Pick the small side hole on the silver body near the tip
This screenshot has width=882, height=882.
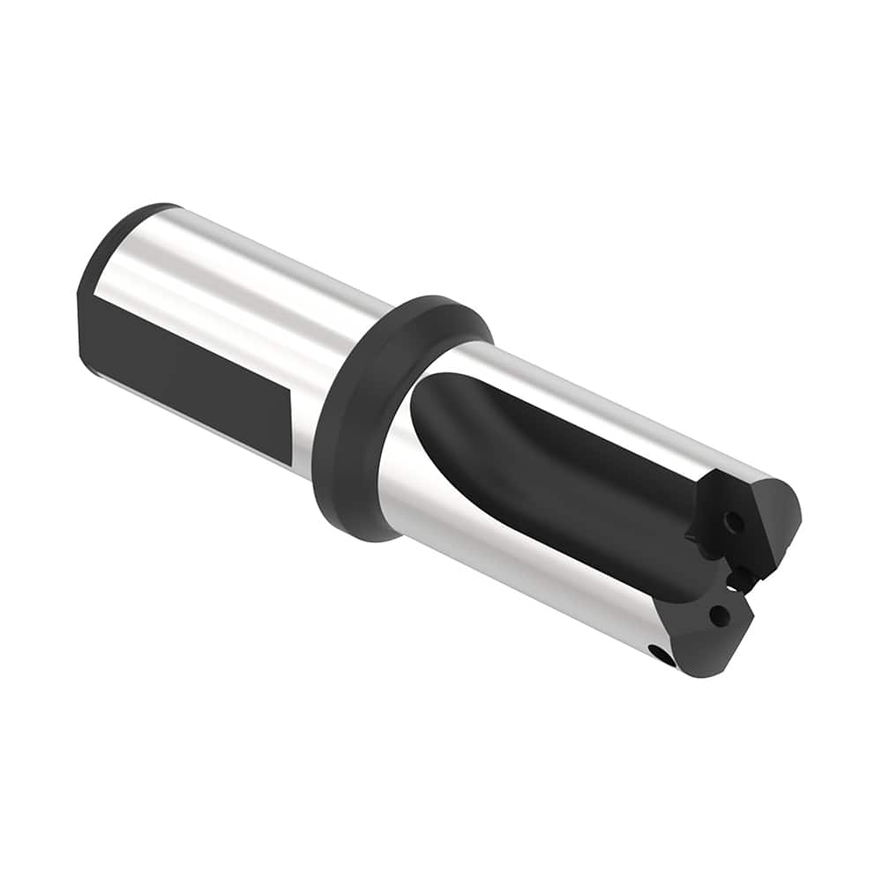tap(659, 652)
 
